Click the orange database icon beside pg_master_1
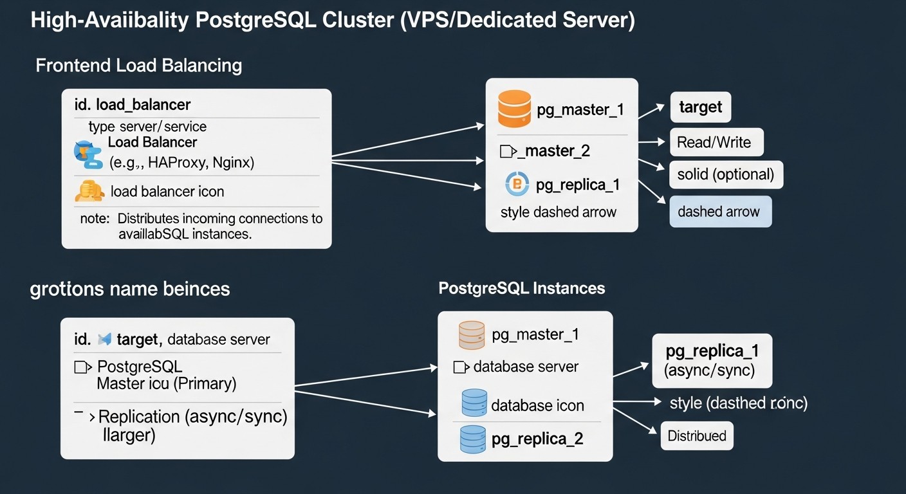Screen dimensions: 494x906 [x=514, y=109]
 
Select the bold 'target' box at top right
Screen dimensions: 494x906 [x=701, y=107]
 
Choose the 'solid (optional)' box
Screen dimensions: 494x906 [x=726, y=174]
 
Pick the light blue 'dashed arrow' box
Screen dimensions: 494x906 [x=719, y=212]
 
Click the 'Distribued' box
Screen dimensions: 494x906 [x=697, y=436]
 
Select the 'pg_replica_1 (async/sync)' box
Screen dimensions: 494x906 [x=712, y=360]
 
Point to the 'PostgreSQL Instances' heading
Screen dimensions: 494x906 [x=521, y=288]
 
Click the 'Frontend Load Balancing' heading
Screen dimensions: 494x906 [x=138, y=66]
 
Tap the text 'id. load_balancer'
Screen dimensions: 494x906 [x=133, y=104]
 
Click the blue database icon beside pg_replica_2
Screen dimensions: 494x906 [x=472, y=439]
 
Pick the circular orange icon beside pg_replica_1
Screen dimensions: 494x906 [x=517, y=185]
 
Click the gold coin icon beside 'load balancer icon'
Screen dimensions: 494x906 [x=89, y=191]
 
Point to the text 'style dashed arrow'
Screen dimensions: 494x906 [x=558, y=212]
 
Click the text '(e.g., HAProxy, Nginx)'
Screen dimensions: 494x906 [x=181, y=163]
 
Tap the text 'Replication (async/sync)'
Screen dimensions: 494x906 [x=193, y=417]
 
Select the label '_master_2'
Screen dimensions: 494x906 [x=557, y=151]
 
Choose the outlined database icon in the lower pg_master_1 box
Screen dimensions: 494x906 [x=471, y=334]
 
